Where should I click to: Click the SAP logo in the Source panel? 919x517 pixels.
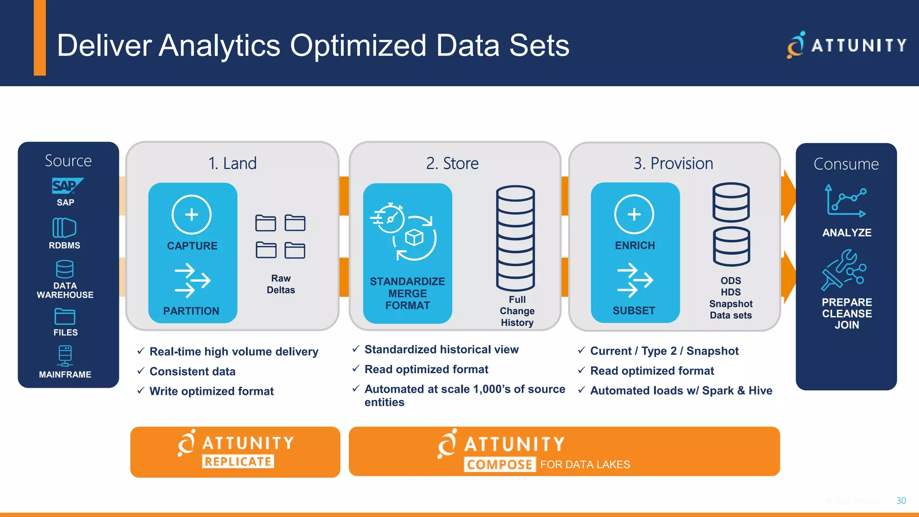click(x=66, y=186)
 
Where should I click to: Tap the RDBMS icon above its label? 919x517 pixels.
click(x=64, y=228)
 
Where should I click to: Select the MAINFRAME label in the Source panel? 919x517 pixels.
click(x=65, y=374)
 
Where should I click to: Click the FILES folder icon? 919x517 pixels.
click(x=65, y=316)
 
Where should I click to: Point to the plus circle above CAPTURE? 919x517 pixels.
click(x=192, y=215)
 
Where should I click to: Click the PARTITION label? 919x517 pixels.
click(x=191, y=311)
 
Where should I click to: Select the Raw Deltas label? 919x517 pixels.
click(x=281, y=284)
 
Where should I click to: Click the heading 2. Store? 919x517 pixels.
click(x=452, y=163)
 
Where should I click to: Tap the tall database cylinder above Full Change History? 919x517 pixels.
click(x=515, y=238)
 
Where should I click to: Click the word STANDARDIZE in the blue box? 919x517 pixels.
click(x=407, y=281)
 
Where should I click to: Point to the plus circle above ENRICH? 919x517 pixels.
click(x=634, y=215)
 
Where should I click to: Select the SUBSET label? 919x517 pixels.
click(x=634, y=311)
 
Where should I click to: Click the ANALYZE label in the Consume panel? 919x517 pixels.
click(x=847, y=232)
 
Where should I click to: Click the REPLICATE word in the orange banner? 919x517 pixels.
click(x=238, y=461)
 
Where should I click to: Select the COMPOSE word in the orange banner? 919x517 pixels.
click(x=500, y=464)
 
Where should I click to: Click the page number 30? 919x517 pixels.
click(x=901, y=500)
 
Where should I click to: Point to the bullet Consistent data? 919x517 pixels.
click(x=193, y=372)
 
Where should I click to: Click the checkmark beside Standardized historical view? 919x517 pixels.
click(x=356, y=349)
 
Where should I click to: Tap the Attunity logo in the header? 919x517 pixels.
click(x=846, y=45)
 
